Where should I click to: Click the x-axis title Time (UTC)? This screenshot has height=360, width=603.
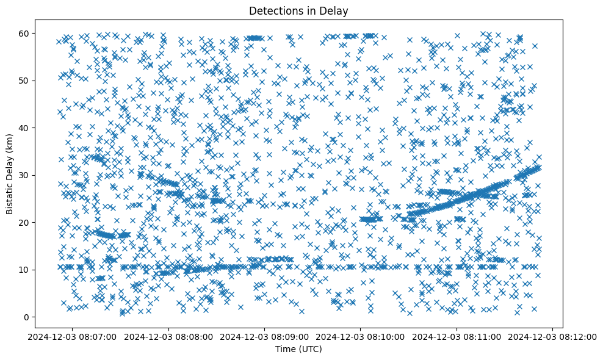[x=298, y=349]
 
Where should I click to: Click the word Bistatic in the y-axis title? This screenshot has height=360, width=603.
[x=10, y=196]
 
